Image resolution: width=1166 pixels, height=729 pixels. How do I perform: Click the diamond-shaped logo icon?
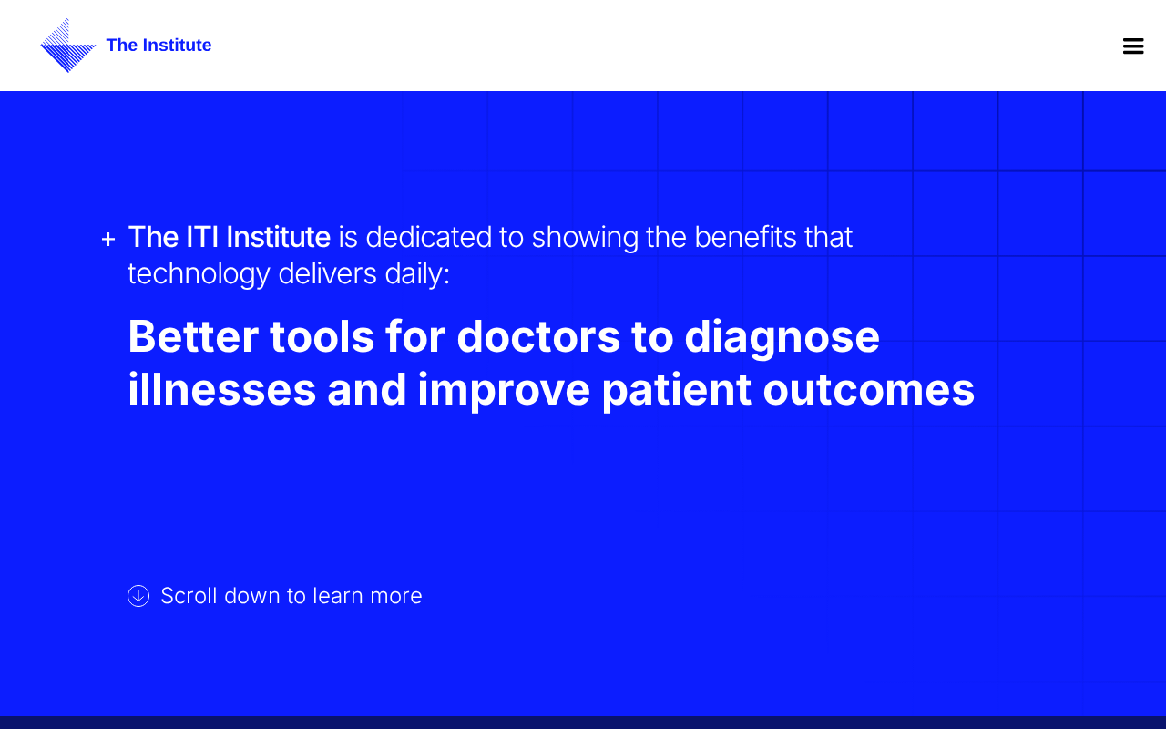[x=67, y=46]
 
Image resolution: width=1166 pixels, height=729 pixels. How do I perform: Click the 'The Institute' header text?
[x=159, y=46]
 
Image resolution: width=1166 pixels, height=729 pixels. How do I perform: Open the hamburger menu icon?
[x=1133, y=46]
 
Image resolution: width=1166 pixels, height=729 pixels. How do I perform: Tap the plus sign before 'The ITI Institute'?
[x=108, y=239]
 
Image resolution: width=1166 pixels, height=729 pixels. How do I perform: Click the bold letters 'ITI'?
[x=202, y=238]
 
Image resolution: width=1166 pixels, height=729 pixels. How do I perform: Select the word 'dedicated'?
[x=429, y=238]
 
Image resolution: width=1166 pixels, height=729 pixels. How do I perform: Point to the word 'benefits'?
[x=745, y=238]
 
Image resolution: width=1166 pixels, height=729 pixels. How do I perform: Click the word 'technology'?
[x=199, y=275]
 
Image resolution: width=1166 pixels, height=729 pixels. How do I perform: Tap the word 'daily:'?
[x=417, y=274]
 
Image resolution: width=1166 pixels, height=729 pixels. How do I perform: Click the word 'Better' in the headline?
[x=193, y=337]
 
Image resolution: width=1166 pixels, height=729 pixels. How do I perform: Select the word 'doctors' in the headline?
[x=538, y=337]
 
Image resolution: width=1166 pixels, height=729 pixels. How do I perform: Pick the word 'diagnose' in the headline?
[x=782, y=340]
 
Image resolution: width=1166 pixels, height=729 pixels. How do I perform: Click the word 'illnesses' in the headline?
[x=222, y=389]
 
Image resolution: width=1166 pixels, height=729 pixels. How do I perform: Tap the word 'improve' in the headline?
[x=504, y=393]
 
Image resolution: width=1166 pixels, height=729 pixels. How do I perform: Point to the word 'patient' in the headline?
[x=676, y=393]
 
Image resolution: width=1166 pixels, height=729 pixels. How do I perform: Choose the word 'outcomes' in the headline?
[x=869, y=391]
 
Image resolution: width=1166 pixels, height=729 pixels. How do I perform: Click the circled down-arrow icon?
[x=138, y=596]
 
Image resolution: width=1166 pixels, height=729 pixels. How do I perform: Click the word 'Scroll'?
[x=189, y=596]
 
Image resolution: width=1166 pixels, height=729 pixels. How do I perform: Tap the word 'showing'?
[x=585, y=239]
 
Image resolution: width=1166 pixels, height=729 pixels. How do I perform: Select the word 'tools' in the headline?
[x=322, y=337]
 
